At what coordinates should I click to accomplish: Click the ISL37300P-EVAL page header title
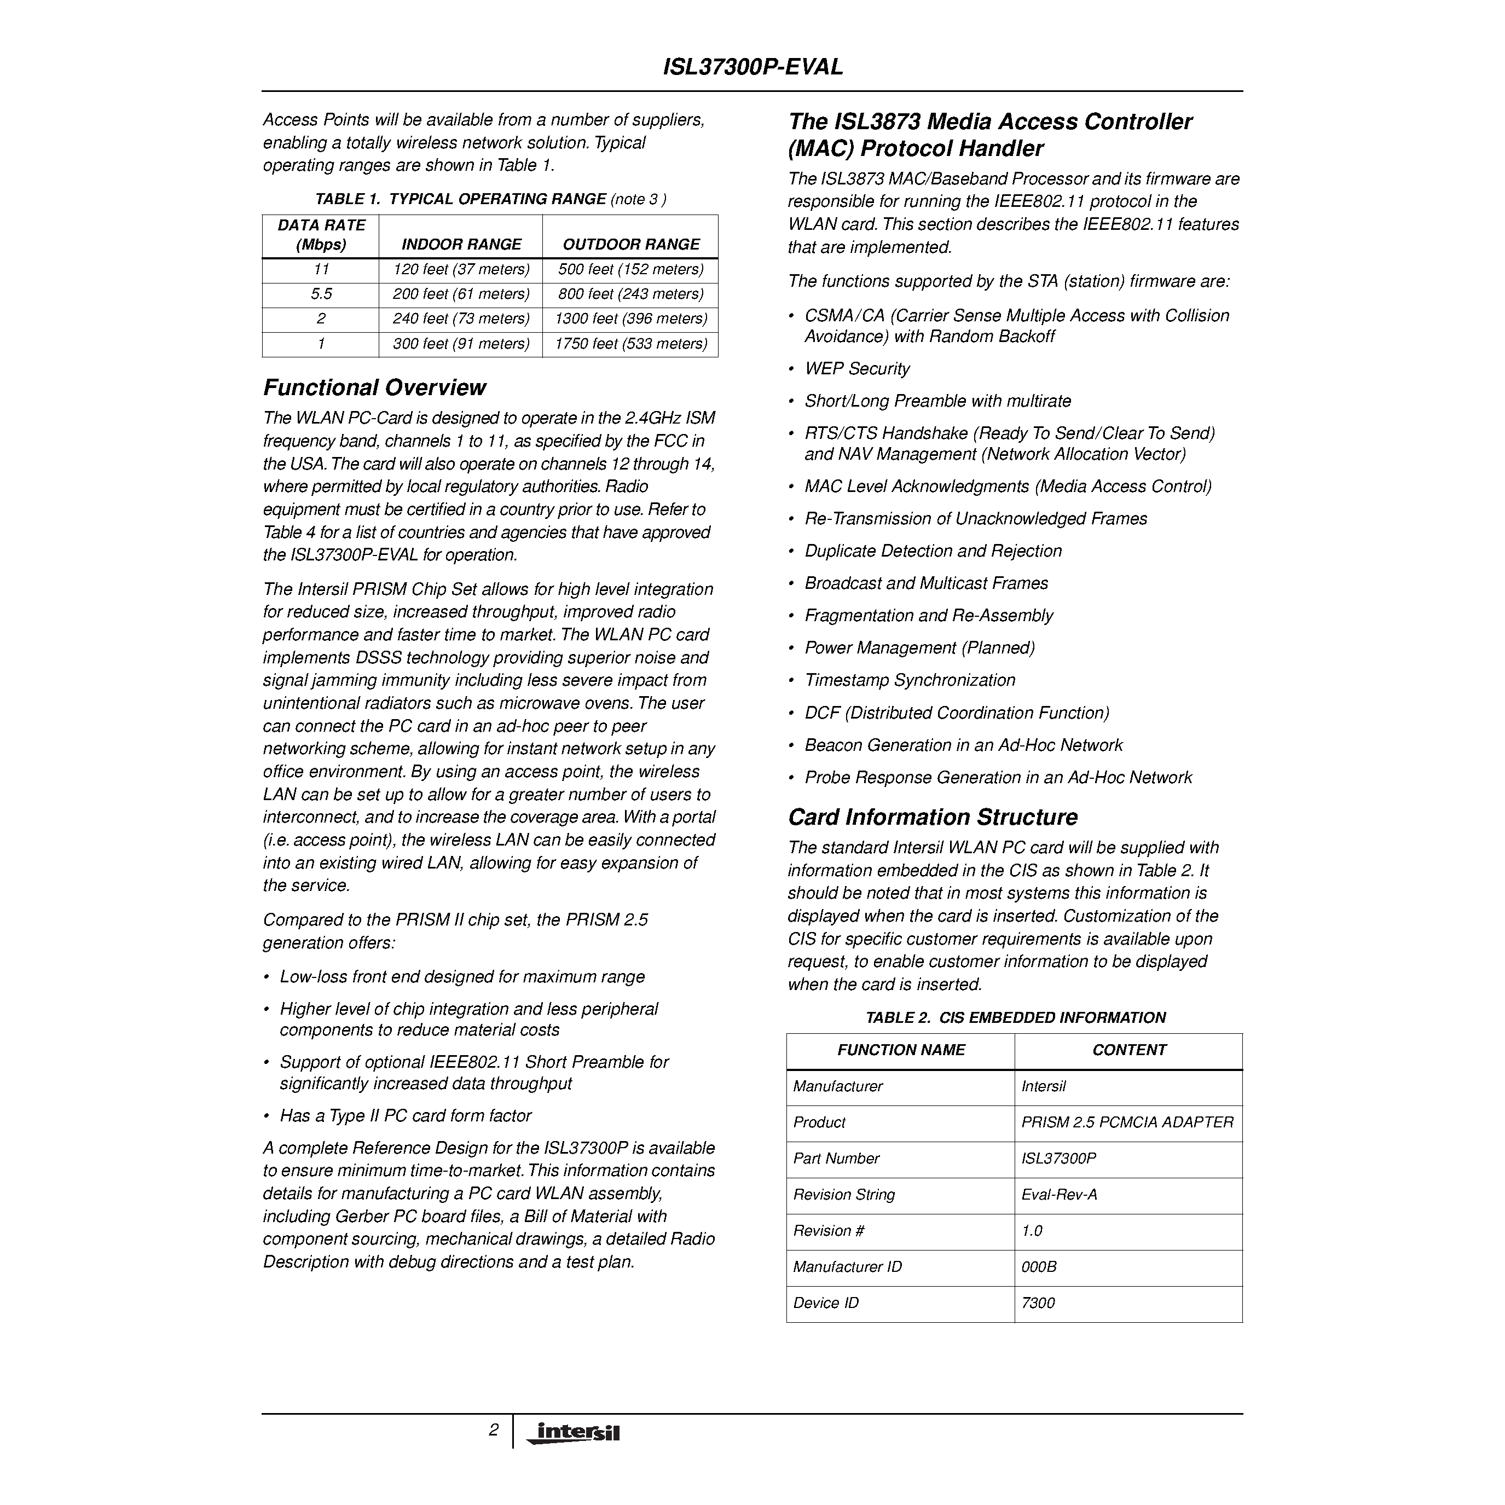[x=752, y=67]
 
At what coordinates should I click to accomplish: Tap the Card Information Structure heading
[x=933, y=817]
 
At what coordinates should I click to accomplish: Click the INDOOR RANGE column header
[x=461, y=245]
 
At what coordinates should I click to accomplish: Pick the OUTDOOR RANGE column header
[x=631, y=245]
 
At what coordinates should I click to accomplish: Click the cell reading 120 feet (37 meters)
[x=461, y=269]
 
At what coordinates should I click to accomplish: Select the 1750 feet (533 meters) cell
[x=631, y=344]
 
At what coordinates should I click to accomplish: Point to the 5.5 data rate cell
[x=321, y=294]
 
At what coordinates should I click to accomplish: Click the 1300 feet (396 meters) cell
[x=631, y=319]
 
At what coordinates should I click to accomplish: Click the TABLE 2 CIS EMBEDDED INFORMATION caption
[x=1015, y=1017]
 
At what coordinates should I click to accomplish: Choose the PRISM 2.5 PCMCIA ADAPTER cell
[x=1127, y=1122]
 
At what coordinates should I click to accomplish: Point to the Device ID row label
[x=826, y=1303]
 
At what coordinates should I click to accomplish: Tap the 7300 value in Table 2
[x=1038, y=1303]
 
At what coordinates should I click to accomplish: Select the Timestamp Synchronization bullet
[x=910, y=680]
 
